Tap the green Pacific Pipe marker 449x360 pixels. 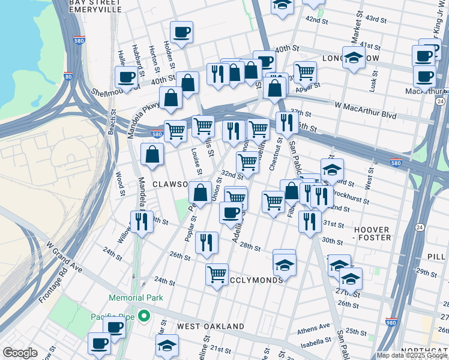point(143,316)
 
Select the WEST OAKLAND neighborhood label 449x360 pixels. point(211,327)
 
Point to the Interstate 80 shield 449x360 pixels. point(68,77)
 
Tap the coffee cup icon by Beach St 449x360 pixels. point(127,76)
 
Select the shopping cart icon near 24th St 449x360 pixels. point(217,274)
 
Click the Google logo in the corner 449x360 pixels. point(20,353)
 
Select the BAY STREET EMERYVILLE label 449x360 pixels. point(95,6)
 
